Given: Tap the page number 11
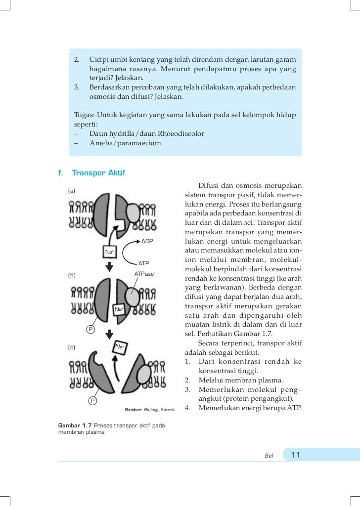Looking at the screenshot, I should (296, 455).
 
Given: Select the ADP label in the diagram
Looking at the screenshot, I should (147, 241).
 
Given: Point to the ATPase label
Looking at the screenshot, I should (144, 273).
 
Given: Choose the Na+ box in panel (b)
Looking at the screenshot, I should (119, 309).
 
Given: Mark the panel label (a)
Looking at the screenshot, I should (72, 190).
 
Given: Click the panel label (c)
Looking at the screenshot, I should (72, 347).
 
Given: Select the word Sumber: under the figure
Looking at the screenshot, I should (134, 410).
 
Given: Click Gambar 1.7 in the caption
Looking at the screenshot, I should (75, 425).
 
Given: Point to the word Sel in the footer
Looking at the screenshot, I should (269, 455).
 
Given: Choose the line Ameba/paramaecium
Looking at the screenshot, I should (125, 143).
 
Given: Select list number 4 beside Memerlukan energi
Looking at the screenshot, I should (188, 408).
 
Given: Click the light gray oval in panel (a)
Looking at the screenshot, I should (133, 213).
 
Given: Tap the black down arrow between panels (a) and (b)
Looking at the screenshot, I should (110, 267).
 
